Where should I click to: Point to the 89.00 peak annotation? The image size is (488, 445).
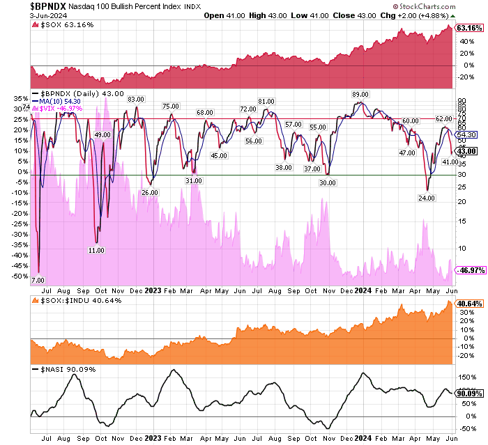click(x=360, y=94)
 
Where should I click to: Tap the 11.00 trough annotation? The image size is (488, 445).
click(x=97, y=249)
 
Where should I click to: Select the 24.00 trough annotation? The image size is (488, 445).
click(x=427, y=198)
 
